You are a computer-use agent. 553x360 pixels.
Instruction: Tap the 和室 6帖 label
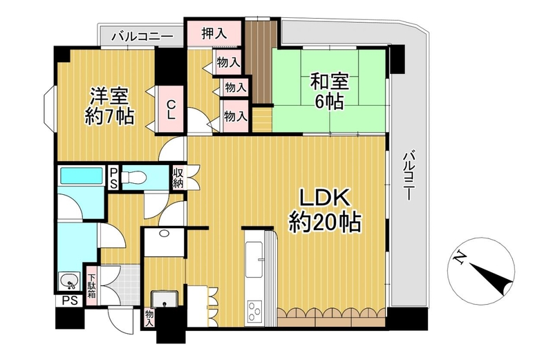click(x=329, y=91)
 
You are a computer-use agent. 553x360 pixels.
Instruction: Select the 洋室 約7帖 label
click(x=109, y=106)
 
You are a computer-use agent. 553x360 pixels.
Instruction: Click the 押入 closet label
click(x=214, y=33)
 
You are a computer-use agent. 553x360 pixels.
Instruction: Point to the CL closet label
click(x=171, y=110)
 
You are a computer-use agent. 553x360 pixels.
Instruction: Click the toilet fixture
click(x=133, y=178)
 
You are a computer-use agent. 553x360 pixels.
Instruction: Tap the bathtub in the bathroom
click(x=81, y=176)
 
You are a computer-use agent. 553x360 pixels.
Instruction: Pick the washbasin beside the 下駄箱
click(x=71, y=282)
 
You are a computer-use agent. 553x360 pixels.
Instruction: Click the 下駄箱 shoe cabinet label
click(x=92, y=285)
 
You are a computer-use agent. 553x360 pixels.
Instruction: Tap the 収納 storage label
click(x=178, y=178)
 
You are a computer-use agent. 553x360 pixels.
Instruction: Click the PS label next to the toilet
click(x=113, y=178)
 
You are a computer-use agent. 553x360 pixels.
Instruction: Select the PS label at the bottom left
click(x=70, y=301)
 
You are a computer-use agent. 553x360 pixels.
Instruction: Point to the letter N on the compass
click(x=458, y=258)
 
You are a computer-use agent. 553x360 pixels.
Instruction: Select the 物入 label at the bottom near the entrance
click(x=149, y=317)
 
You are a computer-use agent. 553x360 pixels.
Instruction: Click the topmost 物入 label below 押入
click(x=228, y=63)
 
